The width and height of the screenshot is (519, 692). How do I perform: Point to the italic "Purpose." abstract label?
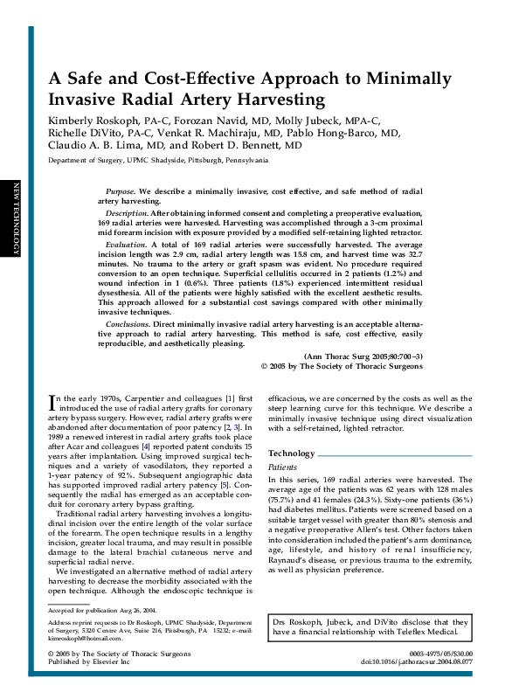(120, 190)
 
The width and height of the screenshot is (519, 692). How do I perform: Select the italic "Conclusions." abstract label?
(128, 323)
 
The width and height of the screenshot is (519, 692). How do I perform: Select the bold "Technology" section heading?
(291, 453)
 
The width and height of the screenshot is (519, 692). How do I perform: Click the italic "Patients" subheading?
(282, 468)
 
